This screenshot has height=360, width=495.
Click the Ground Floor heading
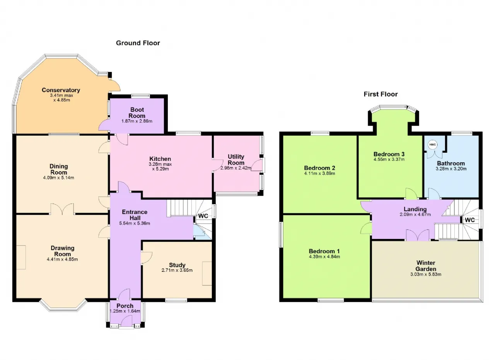click(x=138, y=43)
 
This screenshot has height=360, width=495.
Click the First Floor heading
click(x=381, y=94)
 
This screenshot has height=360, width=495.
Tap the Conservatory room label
click(x=61, y=90)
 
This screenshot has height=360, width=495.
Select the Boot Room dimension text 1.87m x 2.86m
click(x=137, y=121)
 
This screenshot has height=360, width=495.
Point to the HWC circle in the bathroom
click(x=432, y=145)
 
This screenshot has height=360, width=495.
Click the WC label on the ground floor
click(x=203, y=216)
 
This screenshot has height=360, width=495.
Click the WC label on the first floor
click(x=469, y=220)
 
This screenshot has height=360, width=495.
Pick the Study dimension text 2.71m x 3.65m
click(x=177, y=270)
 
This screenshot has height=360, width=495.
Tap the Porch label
click(x=125, y=306)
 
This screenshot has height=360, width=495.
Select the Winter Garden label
click(x=426, y=266)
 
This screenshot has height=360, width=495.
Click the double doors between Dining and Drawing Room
click(x=62, y=209)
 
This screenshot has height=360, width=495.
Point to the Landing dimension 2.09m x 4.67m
click(x=415, y=214)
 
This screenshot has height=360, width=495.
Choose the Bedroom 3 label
click(x=389, y=154)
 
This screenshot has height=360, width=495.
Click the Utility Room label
click(x=236, y=160)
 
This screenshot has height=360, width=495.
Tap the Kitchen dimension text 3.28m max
click(x=160, y=164)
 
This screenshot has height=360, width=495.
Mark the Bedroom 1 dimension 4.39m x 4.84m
click(x=324, y=257)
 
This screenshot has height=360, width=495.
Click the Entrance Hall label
click(x=135, y=215)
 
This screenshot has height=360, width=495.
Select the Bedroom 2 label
click(x=319, y=168)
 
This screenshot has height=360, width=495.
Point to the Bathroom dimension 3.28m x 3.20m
click(x=451, y=169)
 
